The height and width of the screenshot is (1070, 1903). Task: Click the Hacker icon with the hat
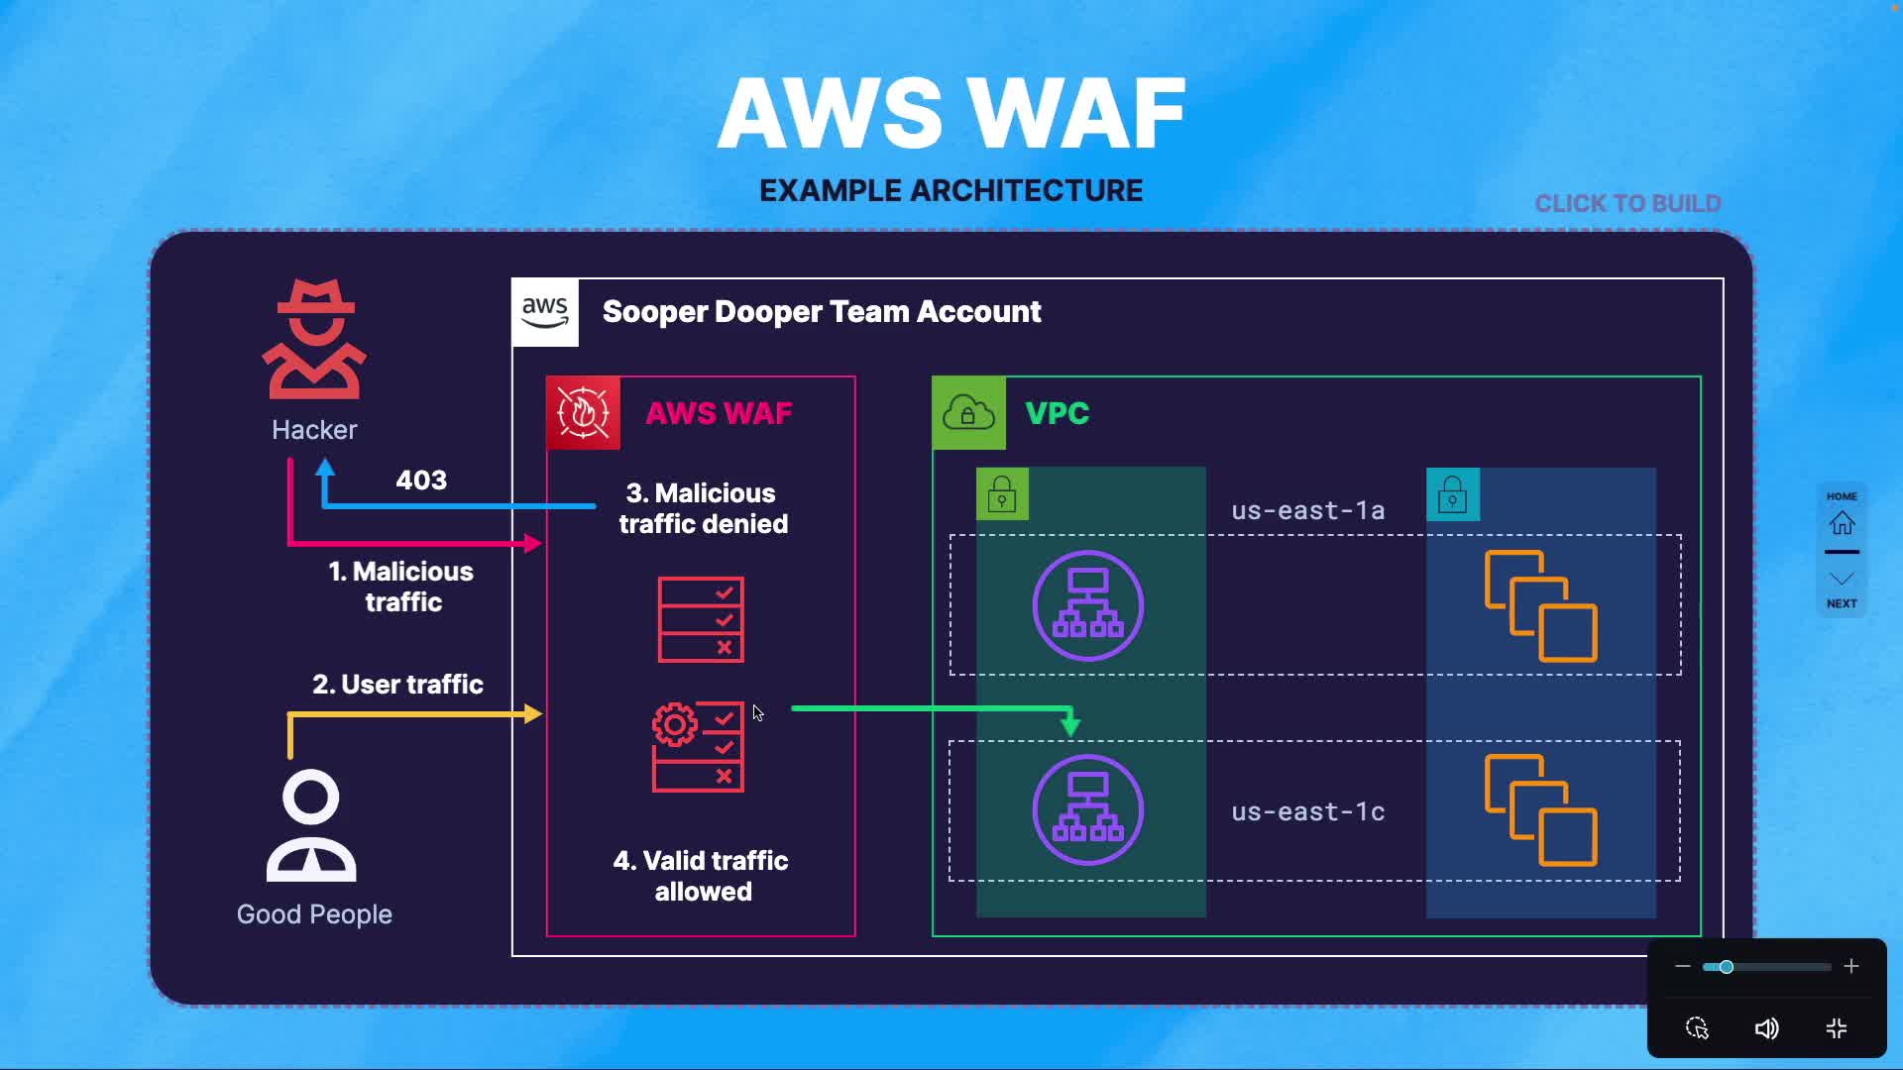coord(314,339)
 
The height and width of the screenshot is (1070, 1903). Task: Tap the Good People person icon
coord(311,826)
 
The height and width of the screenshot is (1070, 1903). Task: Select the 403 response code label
coord(421,481)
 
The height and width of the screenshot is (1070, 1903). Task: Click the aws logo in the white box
coord(545,312)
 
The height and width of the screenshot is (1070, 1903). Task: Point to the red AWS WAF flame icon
coord(584,413)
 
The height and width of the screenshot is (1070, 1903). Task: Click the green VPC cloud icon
coord(968,413)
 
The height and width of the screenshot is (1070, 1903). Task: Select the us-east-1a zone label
coord(1307,511)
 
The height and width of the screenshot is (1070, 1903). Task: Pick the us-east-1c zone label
coord(1307,812)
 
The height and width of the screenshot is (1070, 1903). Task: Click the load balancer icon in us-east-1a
coord(1087,605)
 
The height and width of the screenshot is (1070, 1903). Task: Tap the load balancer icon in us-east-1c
coord(1087,809)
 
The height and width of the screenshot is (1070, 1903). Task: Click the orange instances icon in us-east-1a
coord(1540,605)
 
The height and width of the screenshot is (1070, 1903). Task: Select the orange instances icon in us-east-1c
coord(1540,809)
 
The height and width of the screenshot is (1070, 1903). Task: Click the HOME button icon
coord(1842,521)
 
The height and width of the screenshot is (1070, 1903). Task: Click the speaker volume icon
coord(1766,1028)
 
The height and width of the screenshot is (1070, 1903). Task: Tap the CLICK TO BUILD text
coord(1627,204)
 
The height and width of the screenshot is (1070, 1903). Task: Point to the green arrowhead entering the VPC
coord(1070,726)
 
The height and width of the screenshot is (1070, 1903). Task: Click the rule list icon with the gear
coord(698,746)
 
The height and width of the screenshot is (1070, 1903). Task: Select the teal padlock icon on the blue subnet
coord(1452,494)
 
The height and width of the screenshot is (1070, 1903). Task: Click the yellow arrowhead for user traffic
coord(533,713)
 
